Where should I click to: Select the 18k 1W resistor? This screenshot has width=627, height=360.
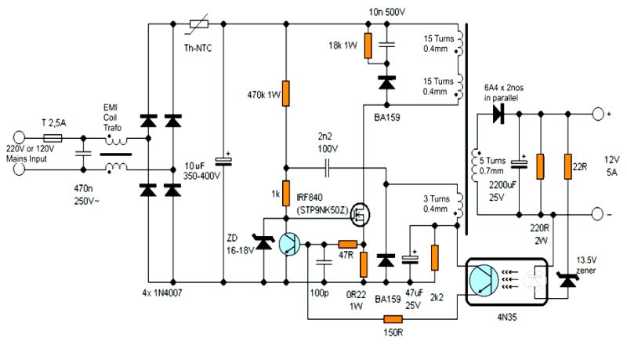368,42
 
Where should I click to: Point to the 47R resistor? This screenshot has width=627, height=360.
346,244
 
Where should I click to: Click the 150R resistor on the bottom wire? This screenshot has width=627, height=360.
392,319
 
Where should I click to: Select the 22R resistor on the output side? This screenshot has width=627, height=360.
567,166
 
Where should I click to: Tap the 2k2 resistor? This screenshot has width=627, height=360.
435,256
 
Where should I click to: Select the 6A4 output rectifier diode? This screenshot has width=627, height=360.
496,115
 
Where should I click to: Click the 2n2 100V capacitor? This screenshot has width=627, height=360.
327,167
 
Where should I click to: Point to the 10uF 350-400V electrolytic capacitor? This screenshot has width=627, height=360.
224,161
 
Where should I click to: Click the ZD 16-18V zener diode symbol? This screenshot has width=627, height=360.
264,245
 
